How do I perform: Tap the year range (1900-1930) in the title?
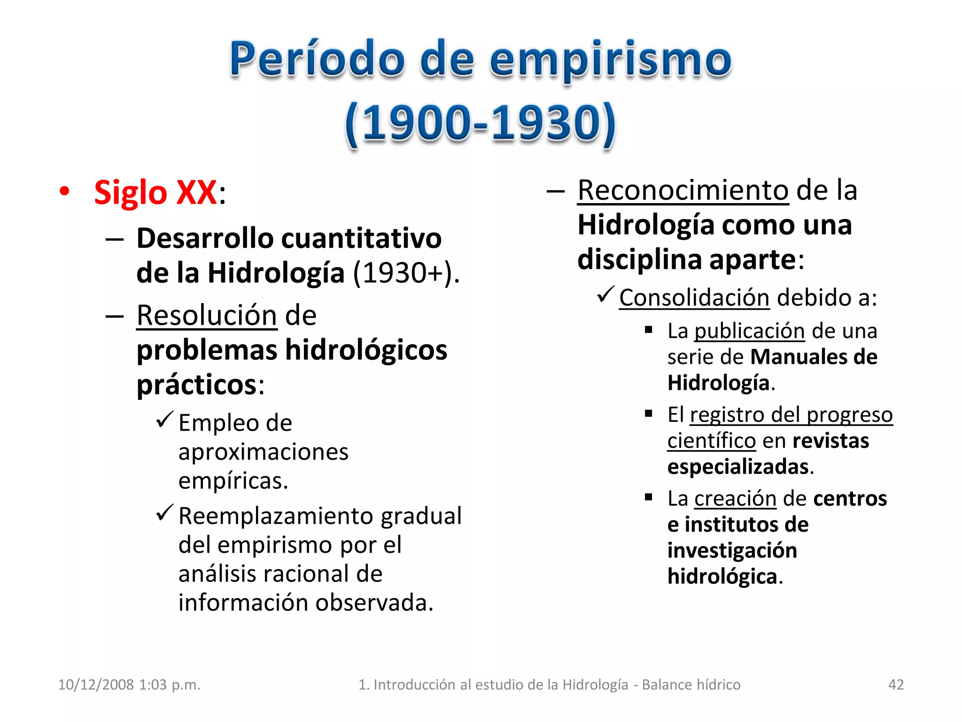tap(480, 123)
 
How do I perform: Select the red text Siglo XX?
tap(155, 192)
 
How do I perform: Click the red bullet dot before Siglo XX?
tap(64, 191)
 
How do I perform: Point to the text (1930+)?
tap(406, 273)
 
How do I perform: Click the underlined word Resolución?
tap(207, 315)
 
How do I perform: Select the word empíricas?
tap(233, 481)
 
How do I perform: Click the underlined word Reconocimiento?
tap(683, 191)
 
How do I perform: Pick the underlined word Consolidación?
tap(694, 298)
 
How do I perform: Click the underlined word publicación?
tap(750, 331)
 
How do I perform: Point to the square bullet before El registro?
tap(649, 414)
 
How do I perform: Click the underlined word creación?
tap(735, 499)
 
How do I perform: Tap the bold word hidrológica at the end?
tap(722, 577)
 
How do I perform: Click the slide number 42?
tap(896, 684)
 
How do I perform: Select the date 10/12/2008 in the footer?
tap(96, 684)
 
